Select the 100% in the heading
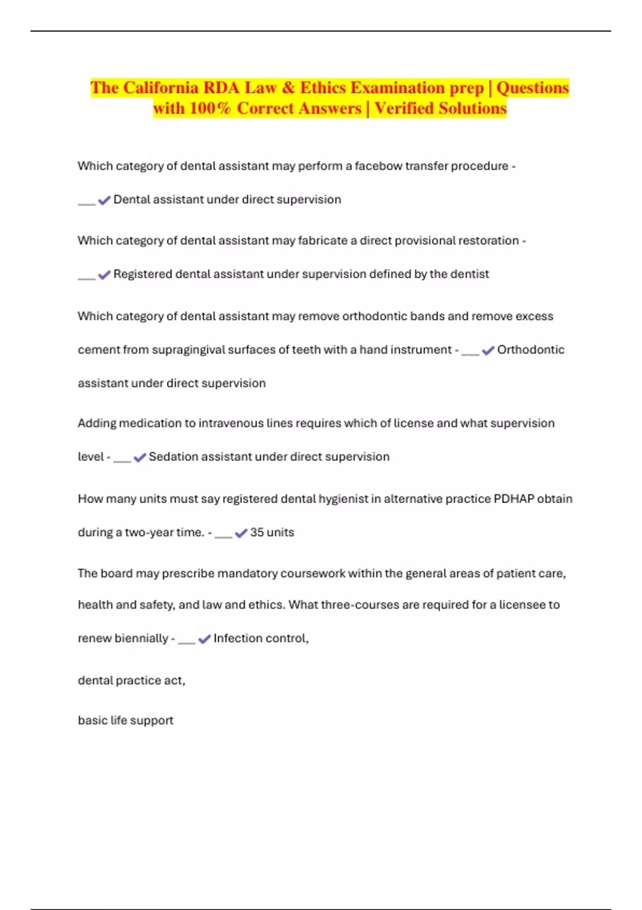(x=210, y=109)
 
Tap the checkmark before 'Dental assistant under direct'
(x=104, y=200)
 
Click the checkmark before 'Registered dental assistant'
(x=104, y=275)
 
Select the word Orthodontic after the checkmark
(x=531, y=350)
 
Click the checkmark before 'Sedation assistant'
(x=140, y=458)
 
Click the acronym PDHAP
(x=514, y=499)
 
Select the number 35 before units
(x=257, y=533)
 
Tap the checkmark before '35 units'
(x=241, y=533)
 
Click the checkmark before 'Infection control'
(x=204, y=639)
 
